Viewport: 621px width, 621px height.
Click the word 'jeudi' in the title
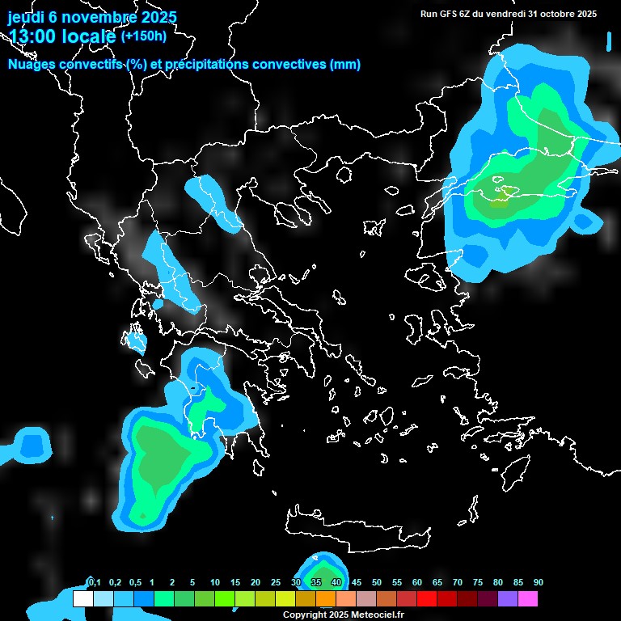[x=27, y=17]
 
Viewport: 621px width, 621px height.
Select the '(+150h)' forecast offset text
[x=143, y=36]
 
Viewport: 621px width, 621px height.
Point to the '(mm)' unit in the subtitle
[x=345, y=65]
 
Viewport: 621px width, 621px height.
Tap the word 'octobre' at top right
[x=552, y=14]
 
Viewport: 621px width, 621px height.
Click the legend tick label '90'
[x=539, y=582]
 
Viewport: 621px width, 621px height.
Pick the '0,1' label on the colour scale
[x=94, y=582]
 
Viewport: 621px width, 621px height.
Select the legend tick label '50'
[x=377, y=582]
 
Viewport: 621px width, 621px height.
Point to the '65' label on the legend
[x=437, y=582]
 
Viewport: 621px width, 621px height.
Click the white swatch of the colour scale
[x=82, y=598]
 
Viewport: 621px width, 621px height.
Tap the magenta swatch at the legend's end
[x=527, y=598]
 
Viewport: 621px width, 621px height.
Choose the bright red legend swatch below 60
[x=426, y=598]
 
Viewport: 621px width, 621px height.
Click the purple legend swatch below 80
[x=507, y=598]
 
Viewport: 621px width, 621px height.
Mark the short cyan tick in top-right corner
[x=609, y=40]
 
